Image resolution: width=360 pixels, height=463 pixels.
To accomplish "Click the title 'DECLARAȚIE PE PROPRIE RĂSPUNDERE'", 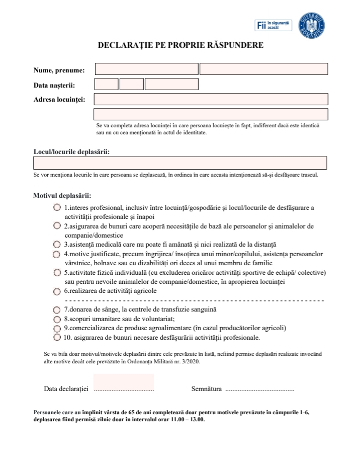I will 181,45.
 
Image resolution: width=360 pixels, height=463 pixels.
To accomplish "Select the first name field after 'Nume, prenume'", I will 146,69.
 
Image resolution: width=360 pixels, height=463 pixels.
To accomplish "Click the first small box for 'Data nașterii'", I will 106,84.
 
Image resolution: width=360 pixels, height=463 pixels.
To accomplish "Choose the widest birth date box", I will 171,84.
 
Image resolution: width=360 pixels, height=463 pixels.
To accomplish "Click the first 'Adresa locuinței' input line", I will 211,99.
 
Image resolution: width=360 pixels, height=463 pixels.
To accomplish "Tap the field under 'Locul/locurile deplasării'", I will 180,163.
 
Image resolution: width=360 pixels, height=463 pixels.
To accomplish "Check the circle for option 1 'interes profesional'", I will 57,207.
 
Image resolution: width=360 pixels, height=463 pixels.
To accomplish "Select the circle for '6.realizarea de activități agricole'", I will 57,291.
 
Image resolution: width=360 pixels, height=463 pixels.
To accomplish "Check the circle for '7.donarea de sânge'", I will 57,310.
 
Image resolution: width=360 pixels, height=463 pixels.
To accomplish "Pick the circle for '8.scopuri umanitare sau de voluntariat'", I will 57,319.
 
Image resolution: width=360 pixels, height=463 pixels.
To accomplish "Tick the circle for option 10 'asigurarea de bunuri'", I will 57,337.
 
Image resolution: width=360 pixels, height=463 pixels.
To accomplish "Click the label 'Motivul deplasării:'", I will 62,195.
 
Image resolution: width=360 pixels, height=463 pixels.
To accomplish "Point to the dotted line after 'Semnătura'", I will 259,390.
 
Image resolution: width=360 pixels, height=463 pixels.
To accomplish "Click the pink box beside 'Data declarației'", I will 124,383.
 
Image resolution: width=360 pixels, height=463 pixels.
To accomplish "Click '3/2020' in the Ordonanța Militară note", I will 190,360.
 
